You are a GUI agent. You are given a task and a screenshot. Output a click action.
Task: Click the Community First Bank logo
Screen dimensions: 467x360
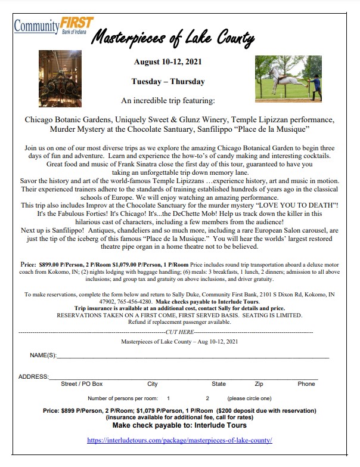54,26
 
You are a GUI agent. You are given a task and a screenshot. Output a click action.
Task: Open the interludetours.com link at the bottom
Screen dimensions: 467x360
179,440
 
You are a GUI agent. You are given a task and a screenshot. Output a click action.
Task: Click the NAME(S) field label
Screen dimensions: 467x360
43,355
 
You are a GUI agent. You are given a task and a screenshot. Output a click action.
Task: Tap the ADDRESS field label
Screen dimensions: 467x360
33,376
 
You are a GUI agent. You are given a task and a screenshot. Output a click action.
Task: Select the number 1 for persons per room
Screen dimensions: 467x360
168,398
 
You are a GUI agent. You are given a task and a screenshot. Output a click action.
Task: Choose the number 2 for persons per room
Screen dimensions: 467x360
207,398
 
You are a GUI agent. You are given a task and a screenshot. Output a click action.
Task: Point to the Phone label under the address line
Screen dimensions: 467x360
306,384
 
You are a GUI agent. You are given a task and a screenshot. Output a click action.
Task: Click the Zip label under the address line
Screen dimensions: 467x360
259,384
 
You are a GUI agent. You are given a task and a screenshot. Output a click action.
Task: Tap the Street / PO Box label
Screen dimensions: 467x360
82,384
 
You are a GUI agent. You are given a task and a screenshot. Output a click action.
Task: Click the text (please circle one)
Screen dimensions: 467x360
249,398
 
